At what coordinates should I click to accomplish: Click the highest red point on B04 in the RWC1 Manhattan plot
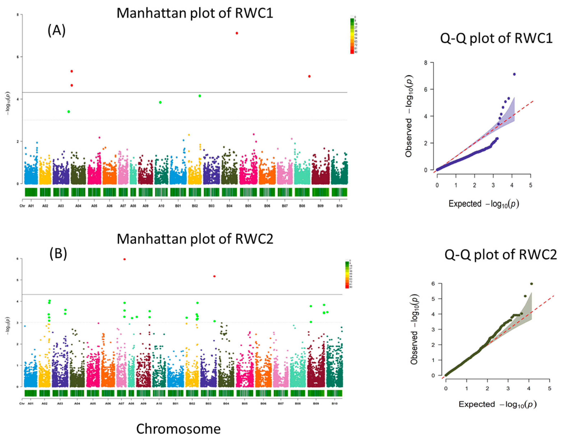pyautogui.click(x=237, y=33)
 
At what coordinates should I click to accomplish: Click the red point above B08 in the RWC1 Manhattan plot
pyautogui.click(x=309, y=76)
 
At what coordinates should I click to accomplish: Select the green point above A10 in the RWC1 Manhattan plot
pyautogui.click(x=160, y=102)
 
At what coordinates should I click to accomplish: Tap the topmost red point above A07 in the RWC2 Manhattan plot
pyautogui.click(x=125, y=259)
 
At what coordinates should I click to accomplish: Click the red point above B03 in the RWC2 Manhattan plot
pyautogui.click(x=214, y=276)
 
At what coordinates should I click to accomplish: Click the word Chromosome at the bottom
pyautogui.click(x=178, y=429)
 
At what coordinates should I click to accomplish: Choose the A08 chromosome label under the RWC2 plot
pyautogui.click(x=131, y=403)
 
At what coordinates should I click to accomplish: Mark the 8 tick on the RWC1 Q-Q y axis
pyautogui.click(x=425, y=63)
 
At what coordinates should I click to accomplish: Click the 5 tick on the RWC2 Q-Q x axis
pyautogui.click(x=549, y=389)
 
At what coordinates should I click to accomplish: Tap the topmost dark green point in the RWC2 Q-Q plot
pyautogui.click(x=531, y=283)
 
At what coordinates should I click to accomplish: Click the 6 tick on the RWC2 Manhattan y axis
pyautogui.click(x=18, y=259)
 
